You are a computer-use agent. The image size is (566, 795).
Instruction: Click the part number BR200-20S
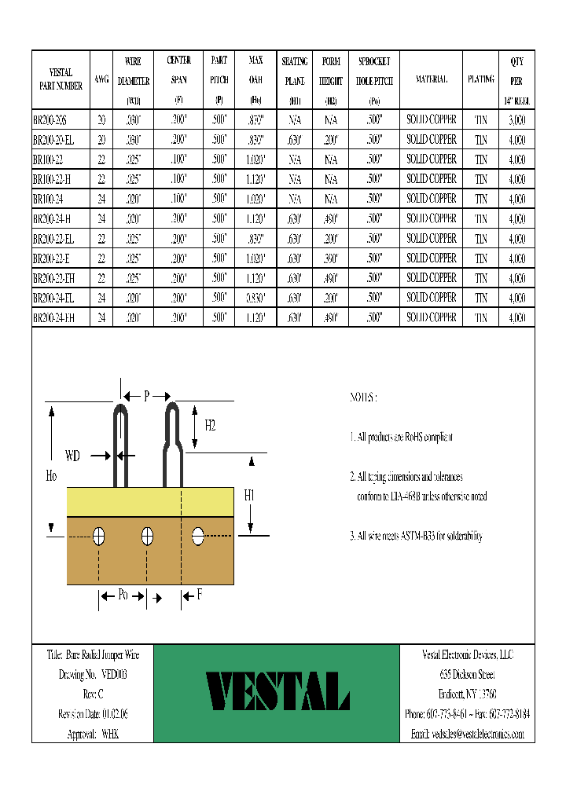[50, 119]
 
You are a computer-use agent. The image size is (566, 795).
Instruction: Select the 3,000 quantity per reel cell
[516, 119]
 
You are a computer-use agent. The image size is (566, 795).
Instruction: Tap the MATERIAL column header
[431, 79]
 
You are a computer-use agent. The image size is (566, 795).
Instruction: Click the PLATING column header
[480, 79]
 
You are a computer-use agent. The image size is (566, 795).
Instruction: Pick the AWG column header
[101, 80]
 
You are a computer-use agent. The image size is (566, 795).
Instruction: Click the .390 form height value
[330, 258]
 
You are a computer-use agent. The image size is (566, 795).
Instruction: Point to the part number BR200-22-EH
[54, 278]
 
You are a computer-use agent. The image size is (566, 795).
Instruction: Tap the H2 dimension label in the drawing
[210, 426]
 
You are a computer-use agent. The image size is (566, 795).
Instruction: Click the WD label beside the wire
[73, 455]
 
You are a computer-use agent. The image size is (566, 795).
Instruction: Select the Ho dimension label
[51, 475]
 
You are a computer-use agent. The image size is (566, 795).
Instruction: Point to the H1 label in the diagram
[249, 495]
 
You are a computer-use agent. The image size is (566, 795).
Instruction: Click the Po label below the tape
[123, 595]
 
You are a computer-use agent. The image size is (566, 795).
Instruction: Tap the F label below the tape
[200, 595]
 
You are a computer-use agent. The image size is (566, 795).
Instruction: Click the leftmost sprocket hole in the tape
[99, 537]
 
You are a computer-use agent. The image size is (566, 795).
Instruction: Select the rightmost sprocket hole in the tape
[198, 537]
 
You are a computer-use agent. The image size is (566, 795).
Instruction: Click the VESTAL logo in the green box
[277, 692]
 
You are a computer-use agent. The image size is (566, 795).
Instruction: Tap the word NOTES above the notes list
[363, 397]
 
